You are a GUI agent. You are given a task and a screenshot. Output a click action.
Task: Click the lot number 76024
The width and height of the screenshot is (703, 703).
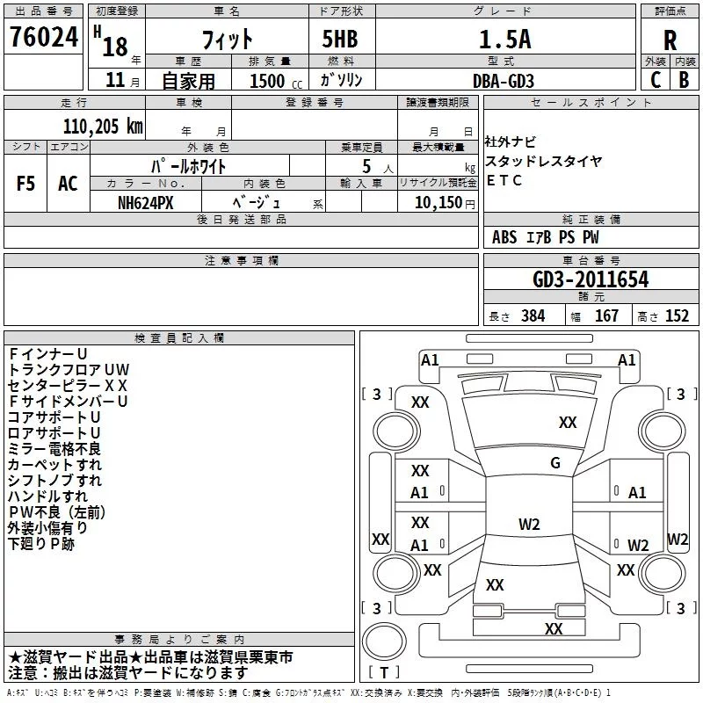click(44, 36)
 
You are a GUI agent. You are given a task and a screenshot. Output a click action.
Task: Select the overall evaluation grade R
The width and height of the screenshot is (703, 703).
click(670, 40)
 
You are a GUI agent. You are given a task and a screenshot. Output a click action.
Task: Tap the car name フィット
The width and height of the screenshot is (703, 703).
click(228, 39)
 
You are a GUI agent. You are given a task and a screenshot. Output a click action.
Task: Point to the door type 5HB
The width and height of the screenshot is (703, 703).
click(334, 39)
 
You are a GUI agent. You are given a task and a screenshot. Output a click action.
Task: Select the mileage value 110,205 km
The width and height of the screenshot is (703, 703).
click(103, 126)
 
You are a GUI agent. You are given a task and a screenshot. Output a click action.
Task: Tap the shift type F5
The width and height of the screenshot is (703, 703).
click(26, 184)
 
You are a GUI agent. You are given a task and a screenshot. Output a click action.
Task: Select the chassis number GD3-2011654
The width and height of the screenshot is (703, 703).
click(591, 280)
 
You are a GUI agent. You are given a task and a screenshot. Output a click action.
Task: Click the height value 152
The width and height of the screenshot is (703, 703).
click(677, 316)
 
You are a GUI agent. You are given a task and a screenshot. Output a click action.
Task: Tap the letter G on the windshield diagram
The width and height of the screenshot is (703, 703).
click(555, 463)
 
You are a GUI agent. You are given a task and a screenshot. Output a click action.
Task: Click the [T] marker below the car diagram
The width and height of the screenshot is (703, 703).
click(383, 673)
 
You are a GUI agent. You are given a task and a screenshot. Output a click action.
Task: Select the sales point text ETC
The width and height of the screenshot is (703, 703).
click(504, 180)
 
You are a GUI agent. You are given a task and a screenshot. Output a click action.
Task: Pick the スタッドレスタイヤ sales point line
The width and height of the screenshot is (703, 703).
click(544, 161)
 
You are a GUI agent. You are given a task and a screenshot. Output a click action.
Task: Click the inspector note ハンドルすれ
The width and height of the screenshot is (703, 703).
click(47, 496)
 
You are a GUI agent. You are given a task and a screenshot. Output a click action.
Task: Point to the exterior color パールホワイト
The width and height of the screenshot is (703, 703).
click(190, 165)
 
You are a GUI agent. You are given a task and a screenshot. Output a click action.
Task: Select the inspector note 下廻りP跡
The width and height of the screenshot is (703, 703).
click(41, 544)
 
